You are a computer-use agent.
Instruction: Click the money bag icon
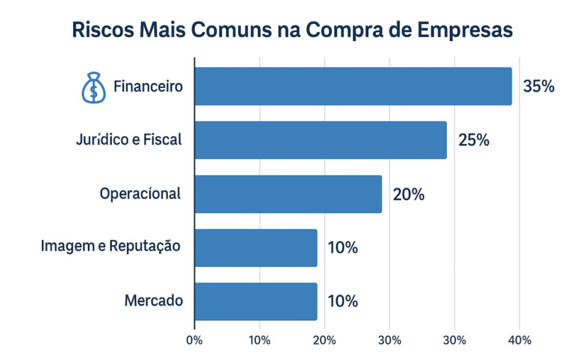tap(93, 87)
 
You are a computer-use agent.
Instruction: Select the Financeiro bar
tap(353, 86)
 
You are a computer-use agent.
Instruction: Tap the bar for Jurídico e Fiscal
tap(320, 140)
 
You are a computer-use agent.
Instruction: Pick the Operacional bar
tap(288, 194)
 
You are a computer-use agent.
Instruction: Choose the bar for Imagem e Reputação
tap(256, 248)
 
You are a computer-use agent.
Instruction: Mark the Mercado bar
tap(256, 301)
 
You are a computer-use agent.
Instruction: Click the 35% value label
tap(538, 87)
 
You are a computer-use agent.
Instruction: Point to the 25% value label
tap(474, 140)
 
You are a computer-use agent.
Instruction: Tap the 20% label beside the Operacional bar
tap(408, 194)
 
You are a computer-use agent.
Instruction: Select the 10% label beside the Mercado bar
tap(343, 301)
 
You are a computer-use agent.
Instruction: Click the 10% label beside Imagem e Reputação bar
tap(343, 248)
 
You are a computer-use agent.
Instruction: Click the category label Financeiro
tap(148, 87)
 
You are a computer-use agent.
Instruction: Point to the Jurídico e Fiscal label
tap(129, 140)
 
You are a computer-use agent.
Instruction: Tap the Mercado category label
tap(153, 301)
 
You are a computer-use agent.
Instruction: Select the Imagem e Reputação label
tap(111, 247)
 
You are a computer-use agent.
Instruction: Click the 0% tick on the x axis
tap(195, 340)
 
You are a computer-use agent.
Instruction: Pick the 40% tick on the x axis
tap(519, 340)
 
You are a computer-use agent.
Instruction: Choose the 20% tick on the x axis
tap(325, 340)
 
